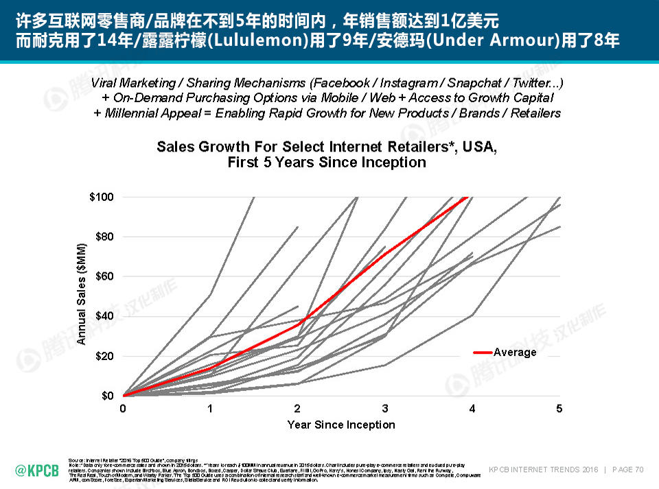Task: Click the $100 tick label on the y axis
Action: [102, 198]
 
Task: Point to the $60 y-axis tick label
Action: [104, 277]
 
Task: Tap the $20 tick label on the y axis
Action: [104, 357]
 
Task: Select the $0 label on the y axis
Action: [107, 396]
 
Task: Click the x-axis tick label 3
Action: [385, 409]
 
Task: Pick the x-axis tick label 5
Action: [559, 409]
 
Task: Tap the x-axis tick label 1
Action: [210, 409]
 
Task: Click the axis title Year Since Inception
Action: [341, 425]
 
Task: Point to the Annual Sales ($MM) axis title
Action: [82, 294]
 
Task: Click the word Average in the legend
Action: [515, 353]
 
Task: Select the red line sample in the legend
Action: [483, 353]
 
